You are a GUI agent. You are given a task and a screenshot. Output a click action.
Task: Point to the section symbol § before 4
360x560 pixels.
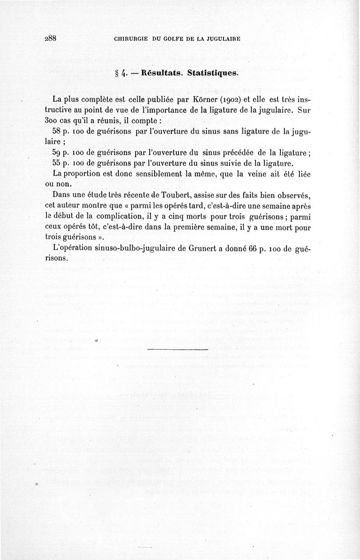tap(117, 73)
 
